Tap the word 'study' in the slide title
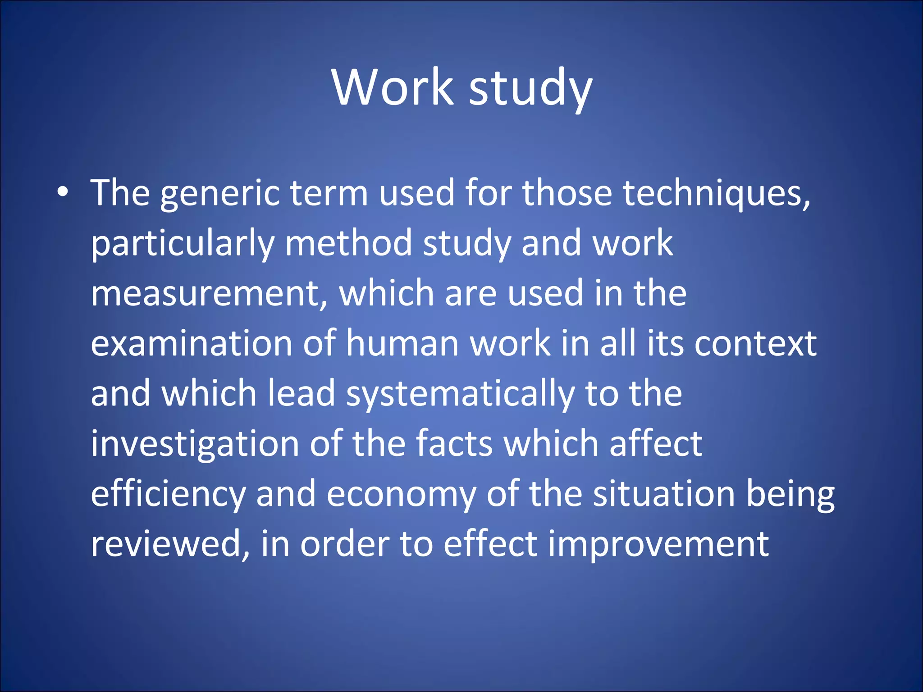click(x=530, y=88)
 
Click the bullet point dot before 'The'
click(x=63, y=192)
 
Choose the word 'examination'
click(x=192, y=344)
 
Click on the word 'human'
click(x=402, y=344)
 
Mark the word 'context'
click(x=755, y=344)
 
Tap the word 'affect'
click(x=656, y=444)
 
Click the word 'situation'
click(x=664, y=494)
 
